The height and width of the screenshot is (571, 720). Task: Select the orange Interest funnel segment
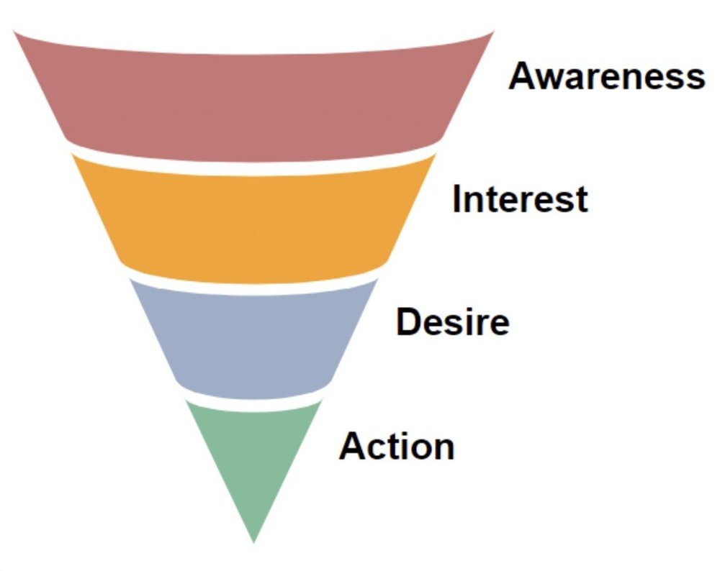click(x=253, y=219)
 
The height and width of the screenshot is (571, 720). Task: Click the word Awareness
click(x=606, y=76)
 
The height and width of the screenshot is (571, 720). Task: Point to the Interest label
click(x=519, y=199)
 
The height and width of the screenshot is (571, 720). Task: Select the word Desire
click(x=452, y=322)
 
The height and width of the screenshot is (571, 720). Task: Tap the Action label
click(x=397, y=446)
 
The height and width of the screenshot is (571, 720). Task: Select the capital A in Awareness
click(x=523, y=76)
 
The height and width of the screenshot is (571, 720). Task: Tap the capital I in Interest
click(x=457, y=199)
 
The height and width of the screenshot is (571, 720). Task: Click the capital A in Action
click(x=353, y=446)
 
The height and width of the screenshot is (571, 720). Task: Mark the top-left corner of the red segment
click(x=14, y=32)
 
